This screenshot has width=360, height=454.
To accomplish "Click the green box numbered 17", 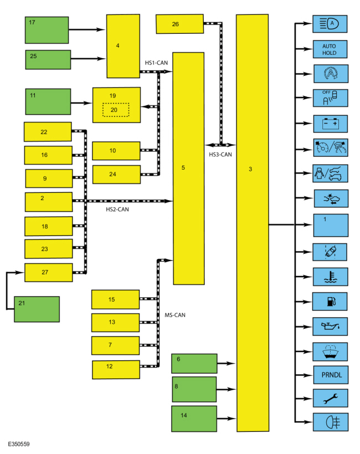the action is coord(47,30).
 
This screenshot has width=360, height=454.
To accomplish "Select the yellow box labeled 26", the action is coord(179,24).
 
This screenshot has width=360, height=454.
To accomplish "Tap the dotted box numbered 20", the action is coord(116,110).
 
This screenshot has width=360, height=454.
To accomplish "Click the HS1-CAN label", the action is coord(156,63).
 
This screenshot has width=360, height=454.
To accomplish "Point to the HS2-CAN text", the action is coord(117,210).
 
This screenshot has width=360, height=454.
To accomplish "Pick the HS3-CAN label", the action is coord(220,154).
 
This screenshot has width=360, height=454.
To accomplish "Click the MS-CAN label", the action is coord(175,315).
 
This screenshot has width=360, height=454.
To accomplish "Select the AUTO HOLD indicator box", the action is coord(330,49).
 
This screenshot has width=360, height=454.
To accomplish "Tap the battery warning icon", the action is coord(331,124).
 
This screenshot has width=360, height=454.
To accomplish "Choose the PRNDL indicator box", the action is coord(331,375).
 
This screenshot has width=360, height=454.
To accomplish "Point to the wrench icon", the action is coord(331,399).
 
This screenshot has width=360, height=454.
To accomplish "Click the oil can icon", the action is coord(331,327).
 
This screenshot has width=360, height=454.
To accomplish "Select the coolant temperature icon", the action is coord(331,277).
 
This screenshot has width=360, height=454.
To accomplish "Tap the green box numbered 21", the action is coord(37,309).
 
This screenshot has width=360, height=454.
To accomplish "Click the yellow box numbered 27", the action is coord(49,273).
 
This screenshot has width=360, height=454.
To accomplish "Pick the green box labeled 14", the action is coord(194,419).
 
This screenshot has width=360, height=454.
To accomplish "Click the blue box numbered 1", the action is coord(331,226).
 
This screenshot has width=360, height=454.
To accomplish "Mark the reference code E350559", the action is coord(19,444).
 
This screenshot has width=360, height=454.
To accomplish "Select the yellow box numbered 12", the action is coord(116,370).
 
